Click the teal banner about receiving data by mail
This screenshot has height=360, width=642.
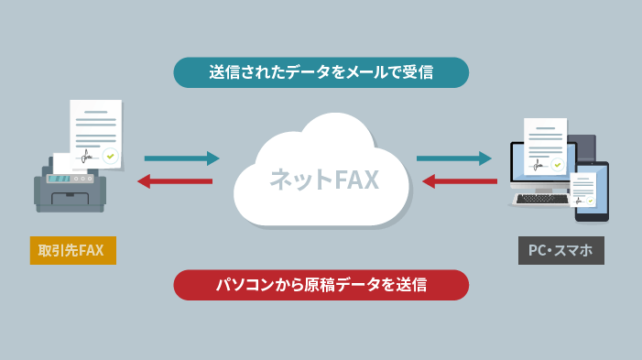point(321,72)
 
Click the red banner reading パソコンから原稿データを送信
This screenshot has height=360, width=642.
point(321,285)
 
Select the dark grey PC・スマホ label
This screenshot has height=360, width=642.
point(560,250)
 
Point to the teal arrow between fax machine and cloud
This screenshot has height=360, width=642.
point(181,158)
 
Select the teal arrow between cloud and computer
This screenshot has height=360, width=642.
point(454,158)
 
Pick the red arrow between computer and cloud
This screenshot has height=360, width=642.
point(461,181)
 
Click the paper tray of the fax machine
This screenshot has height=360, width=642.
point(76,198)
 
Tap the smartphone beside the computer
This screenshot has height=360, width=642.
point(591,194)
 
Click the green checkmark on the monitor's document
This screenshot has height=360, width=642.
point(558,163)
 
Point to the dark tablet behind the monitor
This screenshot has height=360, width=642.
point(583,147)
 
